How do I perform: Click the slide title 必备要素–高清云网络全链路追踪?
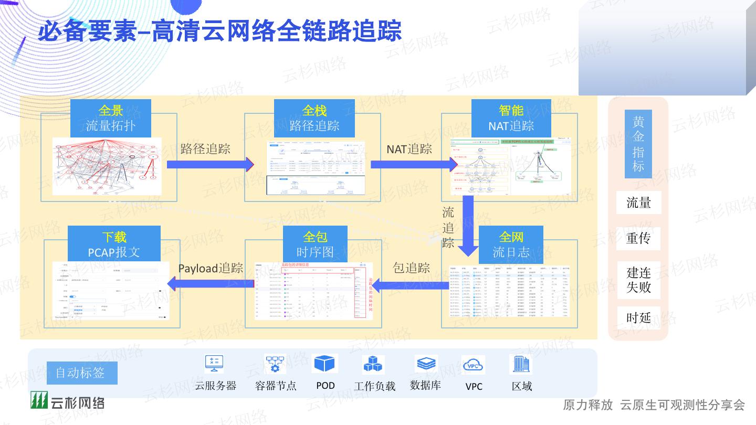[x=219, y=30]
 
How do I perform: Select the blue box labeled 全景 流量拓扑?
[x=111, y=118]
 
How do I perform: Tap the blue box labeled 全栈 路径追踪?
[x=314, y=118]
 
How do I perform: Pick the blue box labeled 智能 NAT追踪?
[x=511, y=118]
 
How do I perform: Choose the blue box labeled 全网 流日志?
[x=511, y=245]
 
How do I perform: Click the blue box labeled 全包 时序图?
[x=315, y=245]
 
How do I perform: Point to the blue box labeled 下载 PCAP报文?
[x=114, y=245]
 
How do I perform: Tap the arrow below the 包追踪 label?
[x=411, y=285]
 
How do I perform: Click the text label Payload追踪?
[x=211, y=268]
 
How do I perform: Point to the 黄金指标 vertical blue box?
[x=638, y=144]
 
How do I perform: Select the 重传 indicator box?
[x=638, y=238]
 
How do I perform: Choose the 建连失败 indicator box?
[x=638, y=280]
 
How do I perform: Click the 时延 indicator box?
[x=638, y=317]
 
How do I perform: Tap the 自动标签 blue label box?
[x=81, y=373]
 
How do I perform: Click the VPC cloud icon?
[x=473, y=364]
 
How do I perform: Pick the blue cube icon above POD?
[x=324, y=364]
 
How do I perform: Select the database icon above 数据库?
[x=425, y=363]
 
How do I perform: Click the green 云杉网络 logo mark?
[x=39, y=401]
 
